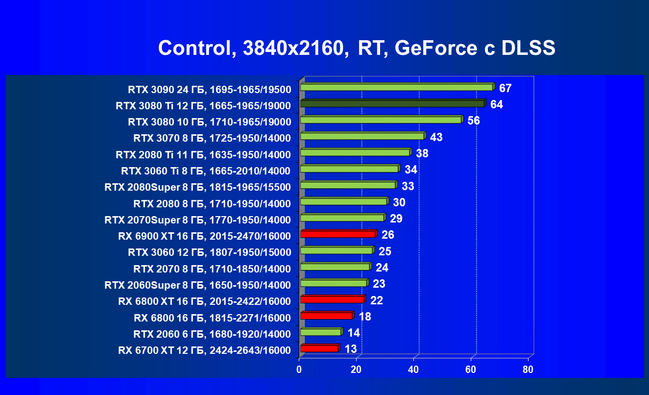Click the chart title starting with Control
(356, 48)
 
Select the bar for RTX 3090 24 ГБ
(396, 87)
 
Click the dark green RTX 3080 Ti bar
(392, 103)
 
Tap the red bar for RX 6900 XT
(337, 234)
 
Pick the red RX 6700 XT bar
(319, 348)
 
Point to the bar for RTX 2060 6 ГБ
(320, 332)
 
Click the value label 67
(505, 89)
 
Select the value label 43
(436, 138)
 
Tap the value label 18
(364, 317)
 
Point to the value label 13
(350, 349)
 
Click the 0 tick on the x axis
(299, 370)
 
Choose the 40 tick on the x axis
(414, 370)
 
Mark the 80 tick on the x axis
(528, 370)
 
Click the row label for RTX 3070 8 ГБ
(212, 138)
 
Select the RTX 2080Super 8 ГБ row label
(197, 187)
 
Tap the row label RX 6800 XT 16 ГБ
(204, 301)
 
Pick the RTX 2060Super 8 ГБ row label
(197, 285)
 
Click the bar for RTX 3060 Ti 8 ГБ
(349, 169)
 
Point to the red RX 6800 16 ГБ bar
(326, 316)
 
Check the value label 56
(474, 121)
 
